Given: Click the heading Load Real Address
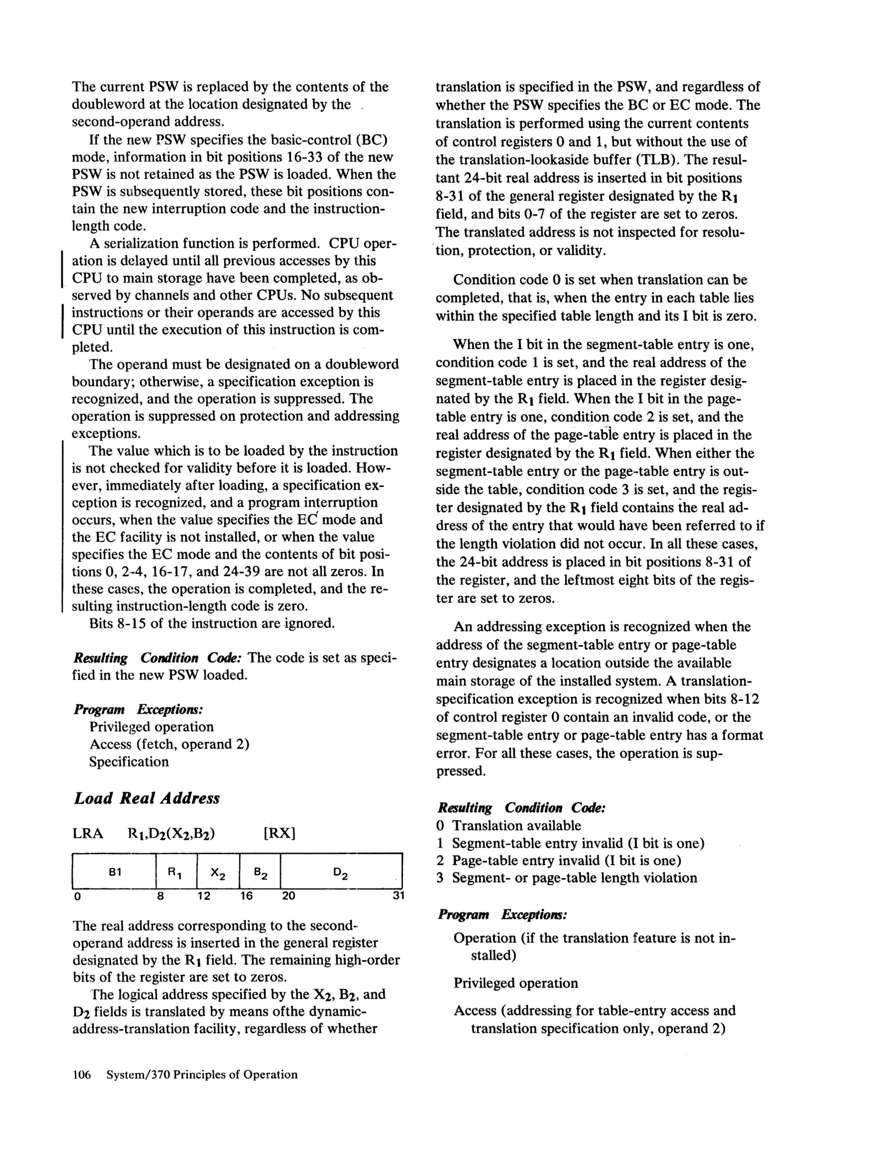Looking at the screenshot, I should [146, 798].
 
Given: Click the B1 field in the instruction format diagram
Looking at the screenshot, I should [115, 872].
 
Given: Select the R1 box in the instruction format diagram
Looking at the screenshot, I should [176, 872].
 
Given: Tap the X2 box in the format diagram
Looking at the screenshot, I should [218, 873].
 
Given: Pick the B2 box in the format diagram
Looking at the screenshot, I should [260, 873].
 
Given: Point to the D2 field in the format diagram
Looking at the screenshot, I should [340, 873].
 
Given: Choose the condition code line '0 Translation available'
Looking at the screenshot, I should [509, 826].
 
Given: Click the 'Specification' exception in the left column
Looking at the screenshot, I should [129, 762].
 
